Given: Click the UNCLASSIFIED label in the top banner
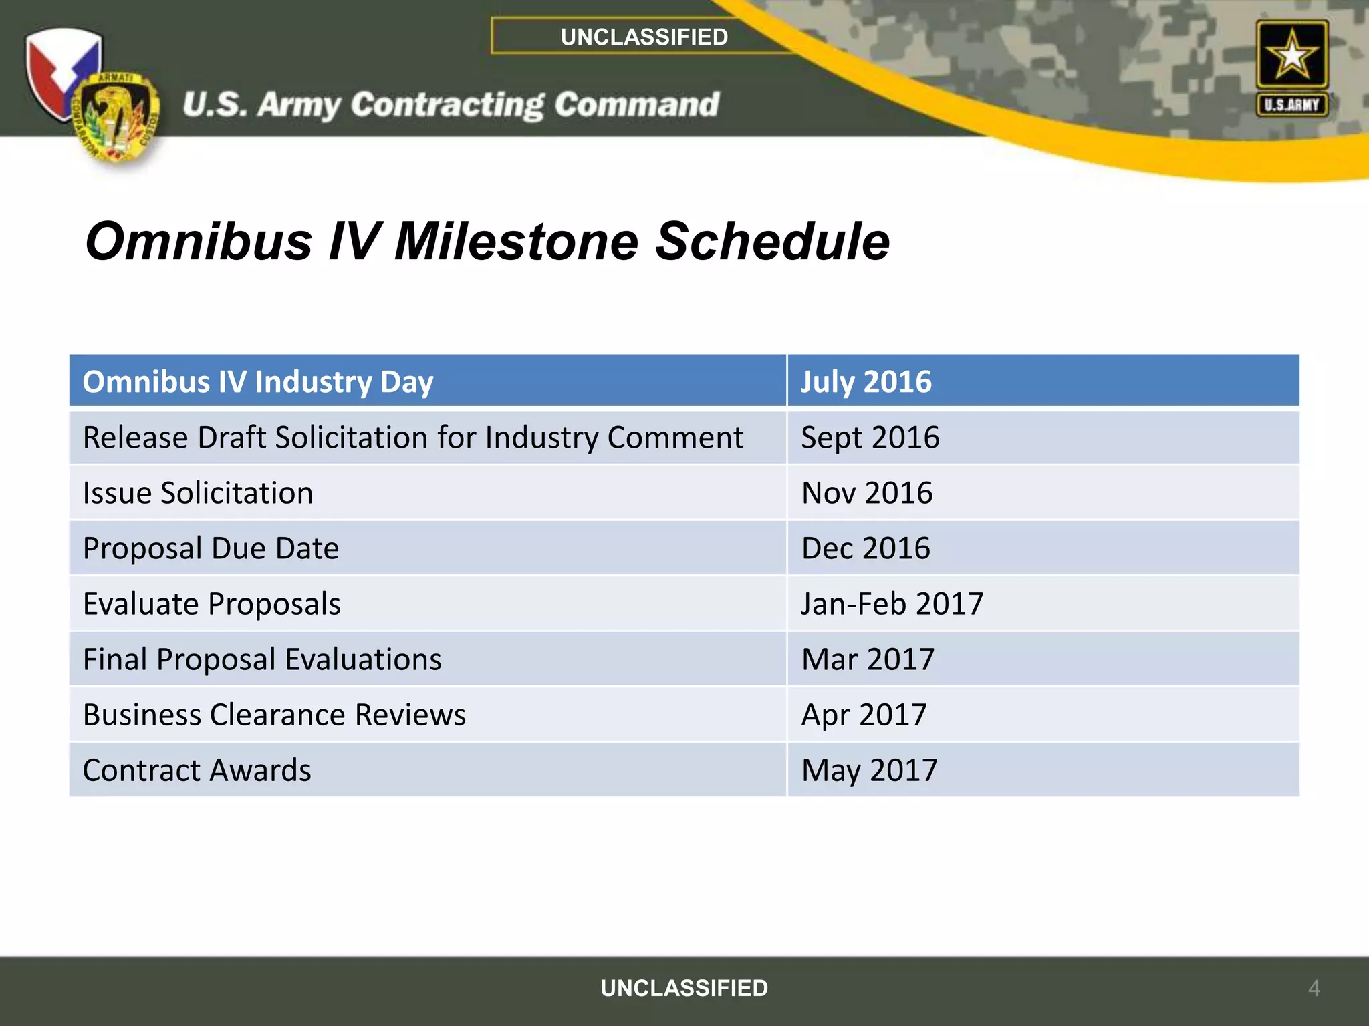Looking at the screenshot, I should pyautogui.click(x=644, y=37).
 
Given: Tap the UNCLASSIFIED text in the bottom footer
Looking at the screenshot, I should pyautogui.click(x=684, y=988).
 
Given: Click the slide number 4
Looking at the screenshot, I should pyautogui.click(x=1314, y=988).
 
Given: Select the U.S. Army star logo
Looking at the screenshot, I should pyautogui.click(x=1291, y=67).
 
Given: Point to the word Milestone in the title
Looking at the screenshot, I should pyautogui.click(x=516, y=241).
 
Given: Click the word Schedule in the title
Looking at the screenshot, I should pyautogui.click(x=772, y=241).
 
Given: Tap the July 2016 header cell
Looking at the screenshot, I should pyautogui.click(x=866, y=381).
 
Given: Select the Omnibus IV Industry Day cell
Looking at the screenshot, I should pyautogui.click(x=258, y=381).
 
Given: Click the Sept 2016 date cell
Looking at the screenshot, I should pyautogui.click(x=870, y=438).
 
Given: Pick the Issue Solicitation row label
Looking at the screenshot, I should pyautogui.click(x=198, y=493).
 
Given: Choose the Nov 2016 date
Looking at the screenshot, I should pyautogui.click(x=866, y=493).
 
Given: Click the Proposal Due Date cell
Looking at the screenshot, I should pyautogui.click(x=211, y=548).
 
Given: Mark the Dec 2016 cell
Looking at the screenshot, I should pyautogui.click(x=865, y=548).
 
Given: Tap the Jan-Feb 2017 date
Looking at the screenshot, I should pyautogui.click(x=892, y=604).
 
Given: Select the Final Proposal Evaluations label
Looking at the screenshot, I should pyautogui.click(x=262, y=659).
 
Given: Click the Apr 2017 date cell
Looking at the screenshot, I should pyautogui.click(x=864, y=715).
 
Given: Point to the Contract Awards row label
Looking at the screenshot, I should pyautogui.click(x=197, y=770).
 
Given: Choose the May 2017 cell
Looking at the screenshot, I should pyautogui.click(x=869, y=770).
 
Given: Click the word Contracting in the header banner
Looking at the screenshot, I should pyautogui.click(x=447, y=105).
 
